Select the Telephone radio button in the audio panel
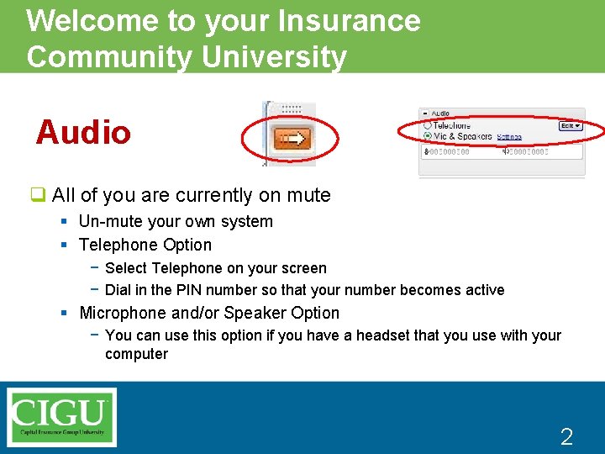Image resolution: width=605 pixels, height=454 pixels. (429, 125)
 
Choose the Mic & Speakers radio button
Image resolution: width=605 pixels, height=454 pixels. (429, 135)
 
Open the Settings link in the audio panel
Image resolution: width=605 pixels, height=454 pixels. (509, 136)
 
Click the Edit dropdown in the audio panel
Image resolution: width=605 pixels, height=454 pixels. (571, 126)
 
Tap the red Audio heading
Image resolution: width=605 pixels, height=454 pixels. (83, 133)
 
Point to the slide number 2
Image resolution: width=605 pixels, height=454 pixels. (566, 436)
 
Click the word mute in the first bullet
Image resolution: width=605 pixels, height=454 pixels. (308, 195)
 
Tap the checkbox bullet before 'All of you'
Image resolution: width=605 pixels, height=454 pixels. (39, 195)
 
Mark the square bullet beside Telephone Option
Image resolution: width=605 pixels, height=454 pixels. (64, 245)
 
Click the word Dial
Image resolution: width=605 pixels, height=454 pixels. (118, 290)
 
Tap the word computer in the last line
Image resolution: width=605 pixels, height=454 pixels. (136, 354)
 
